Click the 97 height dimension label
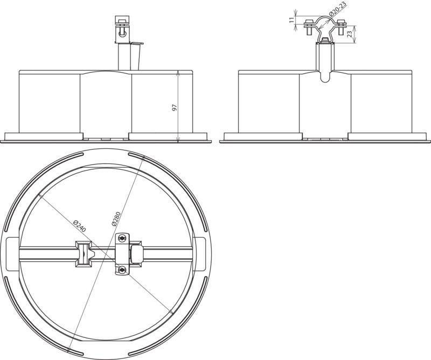tap(174, 107)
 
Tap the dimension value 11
tap(291, 19)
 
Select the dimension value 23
tap(349, 34)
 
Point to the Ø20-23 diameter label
tap(338, 9)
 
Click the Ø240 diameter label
tap(80, 226)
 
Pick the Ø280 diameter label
tap(116, 219)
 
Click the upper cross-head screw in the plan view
tap(122, 238)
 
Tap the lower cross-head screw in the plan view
tap(122, 270)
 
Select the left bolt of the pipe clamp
tap(308, 27)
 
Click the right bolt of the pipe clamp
tap(341, 27)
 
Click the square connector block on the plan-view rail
tap(84, 254)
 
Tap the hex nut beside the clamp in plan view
tap(136, 254)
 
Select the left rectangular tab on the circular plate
tap(13, 254)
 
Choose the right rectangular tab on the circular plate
tap(199, 254)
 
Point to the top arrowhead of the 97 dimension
tap(178, 73)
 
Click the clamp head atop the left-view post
tap(122, 29)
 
